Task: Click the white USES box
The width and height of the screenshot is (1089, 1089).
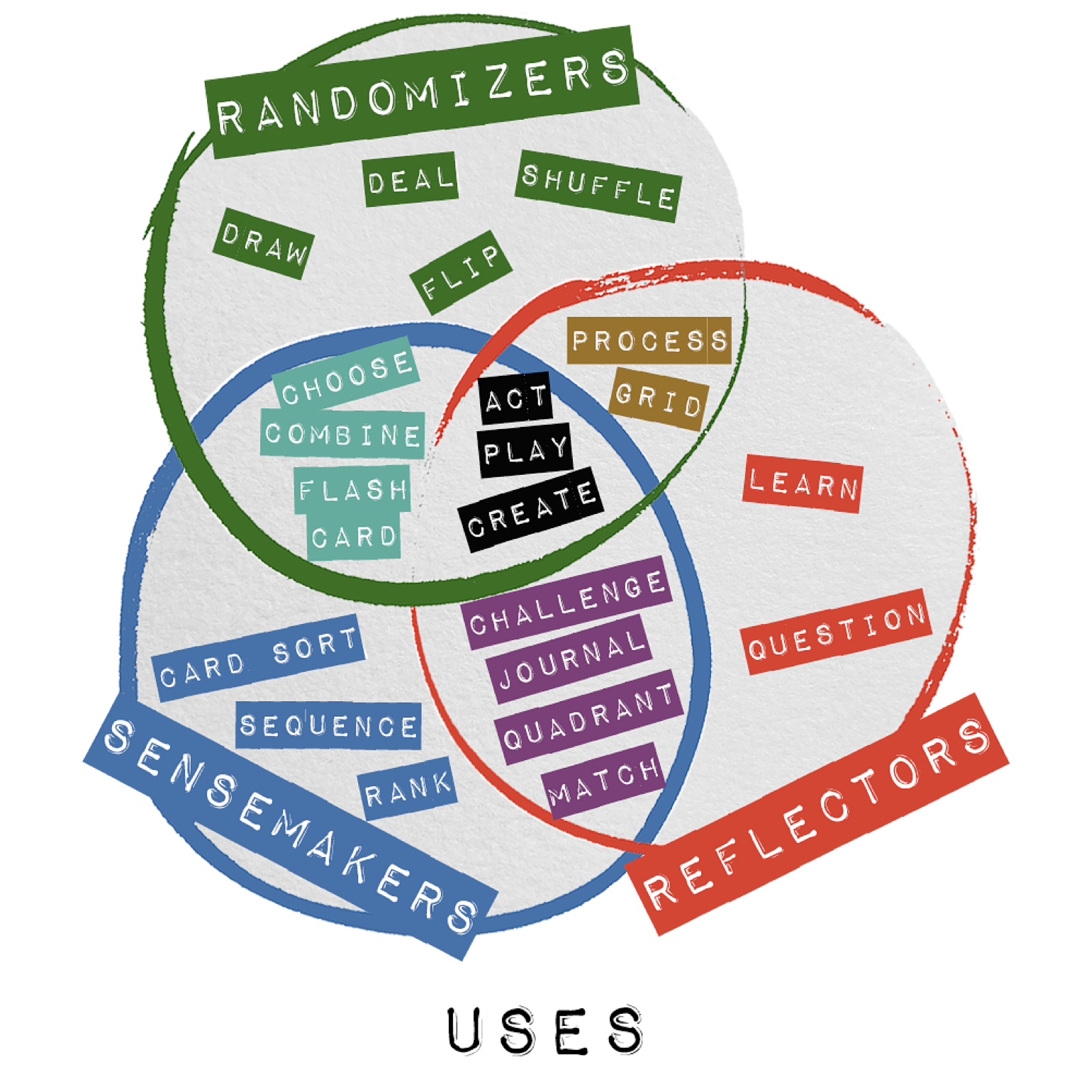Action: point(544,1029)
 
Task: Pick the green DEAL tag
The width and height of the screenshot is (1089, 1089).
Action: point(410,180)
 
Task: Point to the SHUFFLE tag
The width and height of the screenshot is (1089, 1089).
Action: point(598,186)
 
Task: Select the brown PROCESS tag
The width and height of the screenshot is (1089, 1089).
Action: point(649,341)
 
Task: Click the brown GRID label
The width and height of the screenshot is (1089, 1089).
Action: point(659,399)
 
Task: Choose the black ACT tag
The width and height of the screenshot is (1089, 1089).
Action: point(515,399)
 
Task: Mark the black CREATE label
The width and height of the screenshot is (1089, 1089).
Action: point(530,509)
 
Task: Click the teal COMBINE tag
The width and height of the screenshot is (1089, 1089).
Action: point(342,434)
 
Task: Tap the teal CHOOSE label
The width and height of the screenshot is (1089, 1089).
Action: point(346,374)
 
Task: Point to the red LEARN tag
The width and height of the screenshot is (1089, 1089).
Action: point(803,486)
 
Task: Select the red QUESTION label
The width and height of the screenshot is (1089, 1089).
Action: point(837,632)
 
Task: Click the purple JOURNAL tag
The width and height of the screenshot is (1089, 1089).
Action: point(569,659)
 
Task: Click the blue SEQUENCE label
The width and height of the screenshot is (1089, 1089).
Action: point(328,725)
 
